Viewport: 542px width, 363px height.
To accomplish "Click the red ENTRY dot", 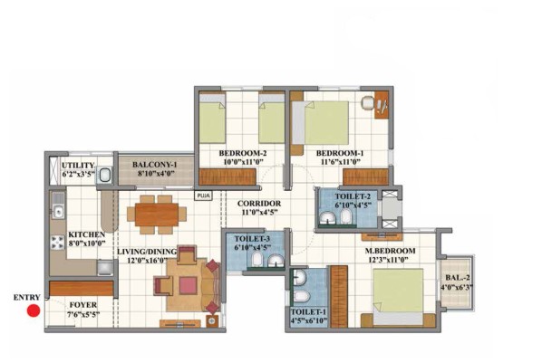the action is pos(34,310).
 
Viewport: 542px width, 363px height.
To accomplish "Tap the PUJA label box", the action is pos(203,196).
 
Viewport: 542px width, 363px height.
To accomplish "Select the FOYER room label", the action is pos(83,305).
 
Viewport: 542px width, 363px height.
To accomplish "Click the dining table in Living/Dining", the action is pos(157,215).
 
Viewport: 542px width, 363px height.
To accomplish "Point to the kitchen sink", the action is pos(58,211).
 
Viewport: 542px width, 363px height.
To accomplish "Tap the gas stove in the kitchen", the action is pos(57,242).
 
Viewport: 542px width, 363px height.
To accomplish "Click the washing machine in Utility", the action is pos(104,175).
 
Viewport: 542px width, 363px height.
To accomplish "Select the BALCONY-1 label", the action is pos(154,165).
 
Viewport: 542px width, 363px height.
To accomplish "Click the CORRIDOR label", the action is pos(259,204).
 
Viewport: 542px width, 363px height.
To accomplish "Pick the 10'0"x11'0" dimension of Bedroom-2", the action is pos(242,162).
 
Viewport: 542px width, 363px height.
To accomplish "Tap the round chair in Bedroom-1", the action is pos(368,103).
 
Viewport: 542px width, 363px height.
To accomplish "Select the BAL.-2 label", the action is pos(458,278).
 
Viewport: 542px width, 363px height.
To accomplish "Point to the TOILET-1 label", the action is pos(309,311).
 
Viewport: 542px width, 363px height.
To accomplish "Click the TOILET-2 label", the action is pos(353,196).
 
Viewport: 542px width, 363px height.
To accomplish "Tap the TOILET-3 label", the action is pos(252,239).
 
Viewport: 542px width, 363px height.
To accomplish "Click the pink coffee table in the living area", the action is pos(188,286).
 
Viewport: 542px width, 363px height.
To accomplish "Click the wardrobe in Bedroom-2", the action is pos(227,177).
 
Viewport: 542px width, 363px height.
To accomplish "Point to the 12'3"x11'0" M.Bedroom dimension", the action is pos(390,260).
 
